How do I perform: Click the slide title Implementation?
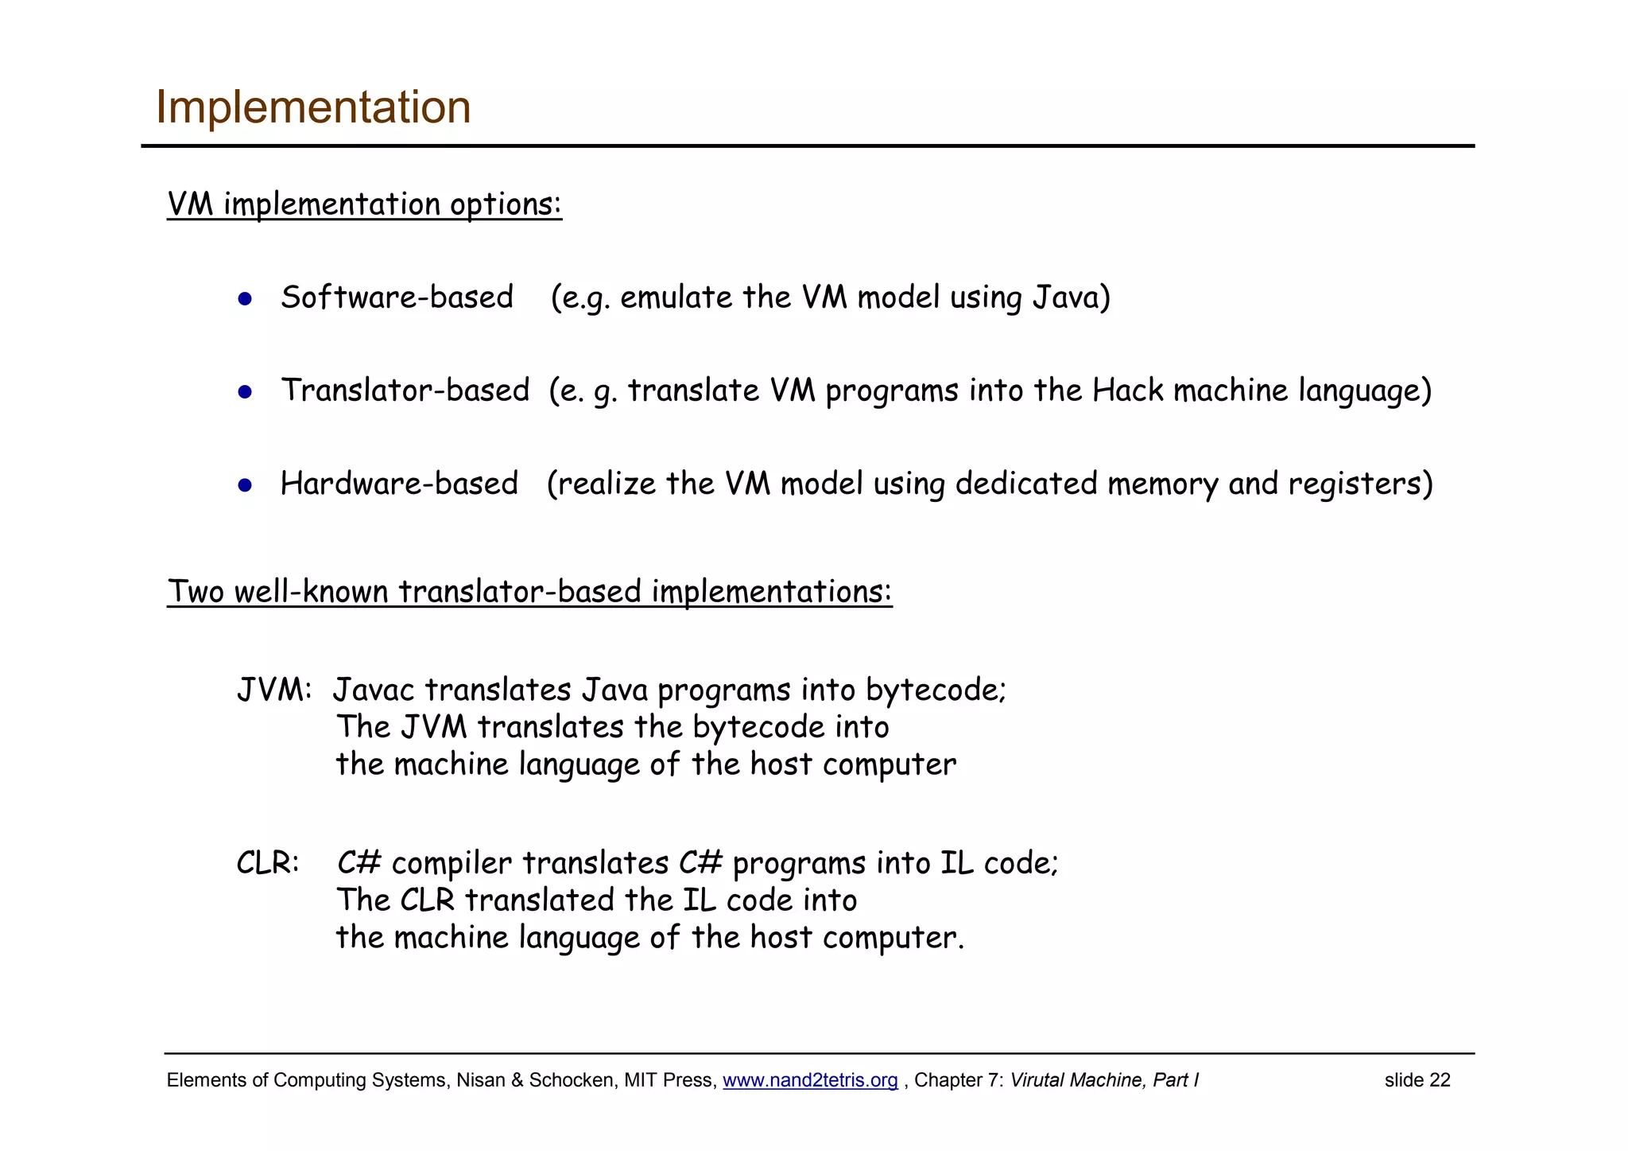click(x=313, y=107)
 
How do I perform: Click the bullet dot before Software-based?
click(x=245, y=299)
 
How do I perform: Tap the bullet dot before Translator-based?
click(x=245, y=392)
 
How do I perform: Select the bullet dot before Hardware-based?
click(x=245, y=485)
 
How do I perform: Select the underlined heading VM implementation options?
click(x=364, y=204)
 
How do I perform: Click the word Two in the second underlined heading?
click(x=196, y=592)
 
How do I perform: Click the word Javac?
click(x=374, y=690)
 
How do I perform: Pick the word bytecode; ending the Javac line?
click(x=936, y=690)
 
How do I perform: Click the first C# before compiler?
click(x=359, y=863)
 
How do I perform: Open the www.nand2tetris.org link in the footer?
click(x=809, y=1080)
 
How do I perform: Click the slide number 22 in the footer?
click(x=1440, y=1080)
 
